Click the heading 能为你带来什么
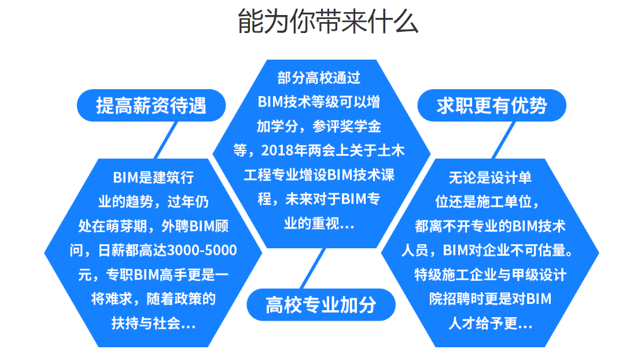click(327, 21)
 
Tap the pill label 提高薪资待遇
click(151, 105)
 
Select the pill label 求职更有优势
click(492, 105)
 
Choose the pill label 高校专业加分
click(321, 304)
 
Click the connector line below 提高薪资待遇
click(165, 140)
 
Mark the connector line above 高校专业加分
click(312, 269)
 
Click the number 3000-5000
click(202, 251)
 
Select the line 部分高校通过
click(319, 78)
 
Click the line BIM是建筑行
click(153, 178)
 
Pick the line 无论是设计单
click(491, 178)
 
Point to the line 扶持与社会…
click(153, 324)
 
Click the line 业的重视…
click(319, 223)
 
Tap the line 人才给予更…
click(491, 324)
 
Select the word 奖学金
click(360, 126)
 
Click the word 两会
click(322, 150)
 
